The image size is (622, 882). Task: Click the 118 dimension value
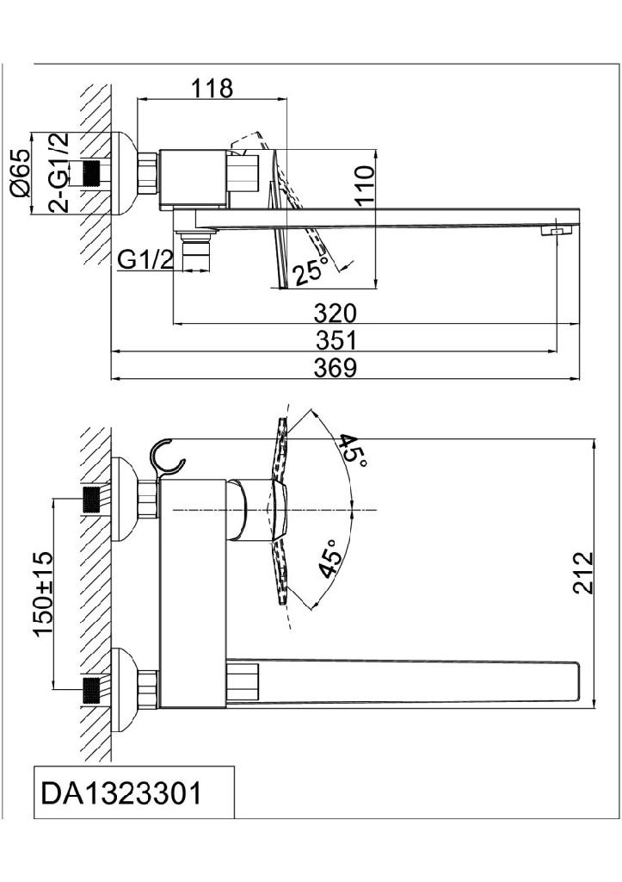pos(212,89)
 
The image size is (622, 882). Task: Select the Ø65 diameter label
pos(21,173)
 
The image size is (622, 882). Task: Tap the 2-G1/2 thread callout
pos(59,172)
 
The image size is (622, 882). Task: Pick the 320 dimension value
pos(336,314)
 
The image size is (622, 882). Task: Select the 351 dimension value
pos(336,340)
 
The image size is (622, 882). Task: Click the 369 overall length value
pos(336,368)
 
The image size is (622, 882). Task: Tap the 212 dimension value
pos(583,573)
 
